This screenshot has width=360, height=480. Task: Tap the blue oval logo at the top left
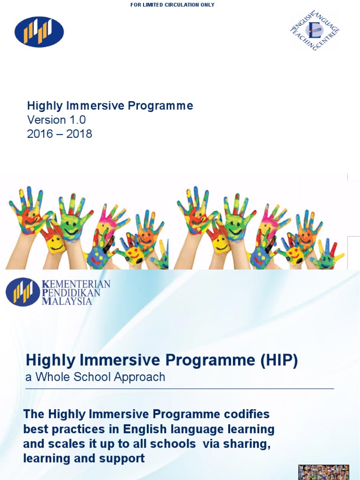tap(39, 32)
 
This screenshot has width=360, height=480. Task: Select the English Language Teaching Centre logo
tap(315, 31)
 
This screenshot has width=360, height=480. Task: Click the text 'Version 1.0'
tap(56, 120)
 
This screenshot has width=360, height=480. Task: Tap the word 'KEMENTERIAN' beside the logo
tap(76, 284)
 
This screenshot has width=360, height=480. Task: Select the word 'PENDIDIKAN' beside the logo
tap(71, 292)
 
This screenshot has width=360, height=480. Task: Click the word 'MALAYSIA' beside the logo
tap(67, 301)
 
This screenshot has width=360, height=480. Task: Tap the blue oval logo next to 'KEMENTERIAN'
tap(22, 292)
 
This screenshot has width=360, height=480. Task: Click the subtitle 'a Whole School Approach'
tap(95, 377)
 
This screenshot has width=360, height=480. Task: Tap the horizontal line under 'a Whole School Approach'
tap(180, 389)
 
